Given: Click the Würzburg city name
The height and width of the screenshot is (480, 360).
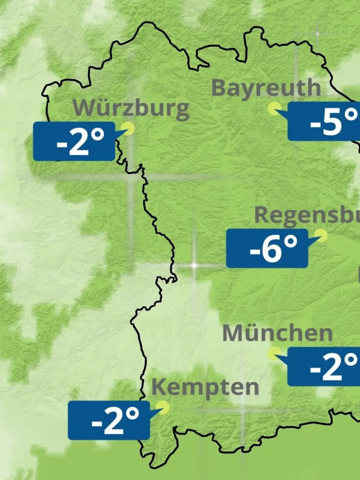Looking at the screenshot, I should click(131, 108).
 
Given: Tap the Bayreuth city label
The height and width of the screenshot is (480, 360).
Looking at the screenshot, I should click(266, 88).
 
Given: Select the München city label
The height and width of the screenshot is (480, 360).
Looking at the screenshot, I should click(277, 333).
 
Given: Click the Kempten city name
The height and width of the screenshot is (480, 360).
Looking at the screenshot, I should click(205, 387).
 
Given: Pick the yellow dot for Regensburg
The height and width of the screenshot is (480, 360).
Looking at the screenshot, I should click(321, 235).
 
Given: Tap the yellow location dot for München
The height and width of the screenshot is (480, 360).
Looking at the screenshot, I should click(274, 353).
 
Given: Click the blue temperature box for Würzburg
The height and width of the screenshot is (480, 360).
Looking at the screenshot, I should click(74, 141).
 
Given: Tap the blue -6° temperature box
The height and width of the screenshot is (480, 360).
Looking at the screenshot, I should click(267, 248).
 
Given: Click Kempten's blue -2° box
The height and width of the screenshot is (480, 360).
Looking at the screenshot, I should click(109, 420).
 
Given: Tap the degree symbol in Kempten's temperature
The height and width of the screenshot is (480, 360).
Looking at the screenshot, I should click(132, 414).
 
